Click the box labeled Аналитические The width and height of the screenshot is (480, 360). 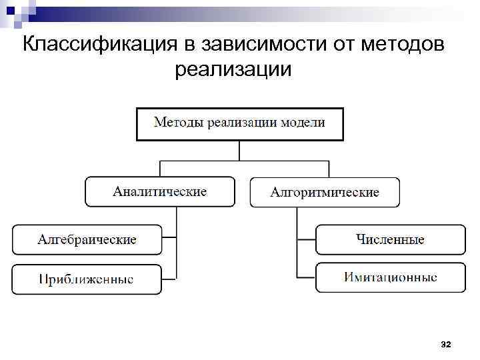tap(160, 191)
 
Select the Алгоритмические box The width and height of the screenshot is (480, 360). tap(325, 192)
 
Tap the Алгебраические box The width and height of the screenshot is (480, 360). tap(87, 239)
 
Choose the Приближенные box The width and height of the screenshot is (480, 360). tap(87, 279)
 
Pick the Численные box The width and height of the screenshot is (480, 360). tap(390, 239)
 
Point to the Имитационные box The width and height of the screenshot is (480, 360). tap(390, 277)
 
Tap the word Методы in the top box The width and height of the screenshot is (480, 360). tap(179, 123)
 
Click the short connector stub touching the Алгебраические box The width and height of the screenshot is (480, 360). tap(169, 237)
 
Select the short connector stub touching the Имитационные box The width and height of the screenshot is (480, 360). tap(306, 276)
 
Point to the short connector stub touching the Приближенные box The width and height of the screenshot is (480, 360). tap(169, 276)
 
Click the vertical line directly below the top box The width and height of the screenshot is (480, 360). tap(240, 150)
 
